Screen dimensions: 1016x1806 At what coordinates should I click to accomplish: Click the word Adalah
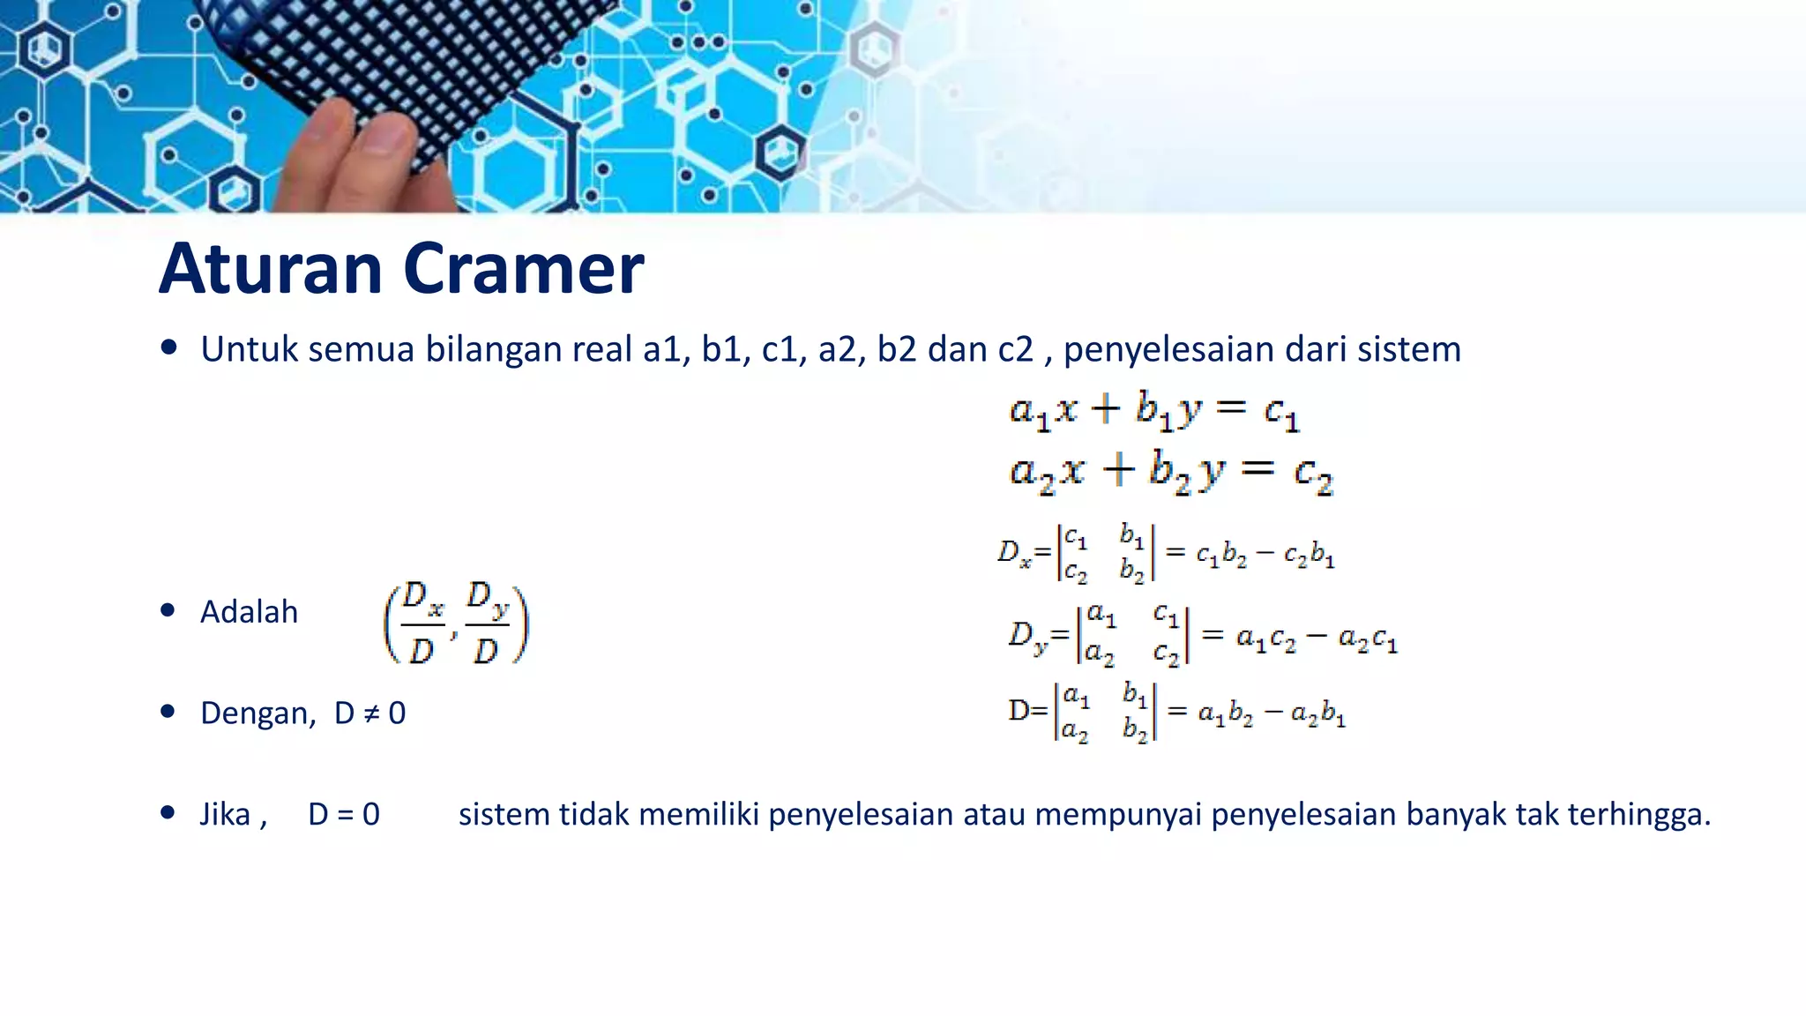coord(249,611)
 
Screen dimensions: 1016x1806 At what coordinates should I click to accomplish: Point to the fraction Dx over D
coord(422,623)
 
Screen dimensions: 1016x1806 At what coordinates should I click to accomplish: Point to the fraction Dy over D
coord(487,623)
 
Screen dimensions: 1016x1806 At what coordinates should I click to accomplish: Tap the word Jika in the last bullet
coord(226,814)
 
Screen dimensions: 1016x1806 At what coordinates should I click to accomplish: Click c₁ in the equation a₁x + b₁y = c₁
coord(1281,412)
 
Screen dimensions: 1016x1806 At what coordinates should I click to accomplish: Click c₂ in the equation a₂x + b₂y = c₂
coord(1313,474)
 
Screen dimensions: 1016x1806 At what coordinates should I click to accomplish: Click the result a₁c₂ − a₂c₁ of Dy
coord(1316,637)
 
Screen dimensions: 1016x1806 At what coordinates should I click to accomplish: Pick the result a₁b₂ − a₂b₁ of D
coord(1271,713)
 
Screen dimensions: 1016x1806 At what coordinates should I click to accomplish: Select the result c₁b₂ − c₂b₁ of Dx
coord(1265,555)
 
